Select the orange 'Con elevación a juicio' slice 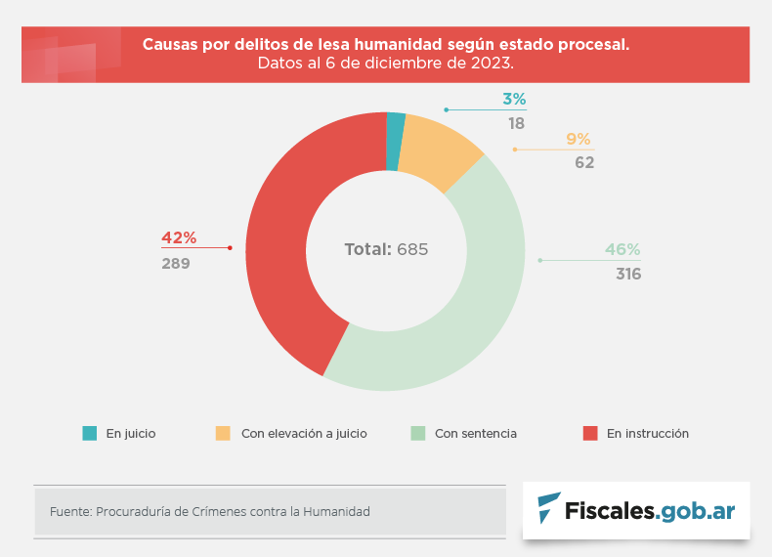tap(439, 151)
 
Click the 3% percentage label tap(514, 99)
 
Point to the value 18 tap(516, 124)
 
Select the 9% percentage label tap(579, 139)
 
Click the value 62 tap(584, 163)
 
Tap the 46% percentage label tap(622, 249)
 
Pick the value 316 tap(628, 275)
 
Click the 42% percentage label tap(179, 237)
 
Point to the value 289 tap(176, 263)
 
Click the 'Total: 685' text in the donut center tap(386, 249)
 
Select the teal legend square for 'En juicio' tap(90, 433)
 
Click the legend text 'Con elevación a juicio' tap(304, 433)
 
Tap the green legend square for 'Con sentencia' tap(417, 433)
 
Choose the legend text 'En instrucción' tap(648, 433)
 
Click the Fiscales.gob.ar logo tap(636, 510)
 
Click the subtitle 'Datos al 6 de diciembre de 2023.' tap(386, 64)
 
